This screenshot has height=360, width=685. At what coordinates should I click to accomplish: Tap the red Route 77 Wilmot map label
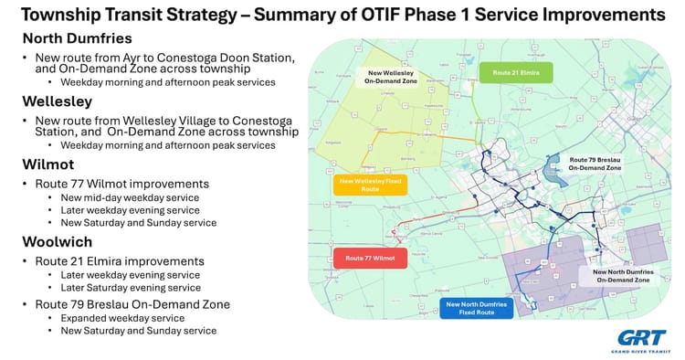pyautogui.click(x=370, y=259)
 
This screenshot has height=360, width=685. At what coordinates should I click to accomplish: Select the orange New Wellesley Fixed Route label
pyautogui.click(x=371, y=185)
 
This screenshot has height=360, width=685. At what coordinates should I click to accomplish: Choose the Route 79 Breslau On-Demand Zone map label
pyautogui.click(x=595, y=164)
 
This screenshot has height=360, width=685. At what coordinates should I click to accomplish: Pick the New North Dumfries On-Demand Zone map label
pyautogui.click(x=621, y=275)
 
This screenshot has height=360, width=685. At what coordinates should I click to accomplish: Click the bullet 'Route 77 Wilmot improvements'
pyautogui.click(x=121, y=184)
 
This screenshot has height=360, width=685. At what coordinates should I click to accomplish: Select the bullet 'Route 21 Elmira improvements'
pyautogui.click(x=119, y=260)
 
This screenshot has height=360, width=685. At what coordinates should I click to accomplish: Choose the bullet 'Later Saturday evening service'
pyautogui.click(x=131, y=288)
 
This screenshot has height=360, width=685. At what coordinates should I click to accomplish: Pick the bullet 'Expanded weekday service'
pyautogui.click(x=122, y=317)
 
